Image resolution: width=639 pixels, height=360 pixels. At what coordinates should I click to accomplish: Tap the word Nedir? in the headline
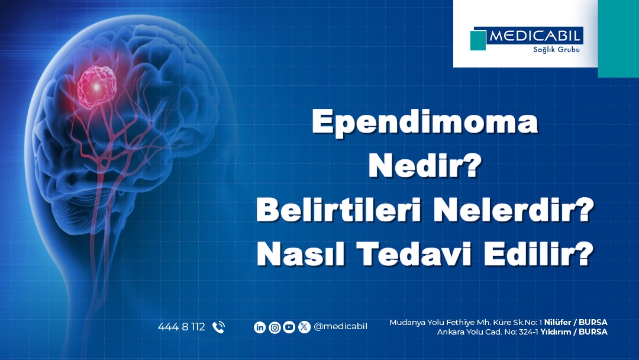tap(425, 166)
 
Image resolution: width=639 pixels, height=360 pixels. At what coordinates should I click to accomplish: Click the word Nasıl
tap(301, 254)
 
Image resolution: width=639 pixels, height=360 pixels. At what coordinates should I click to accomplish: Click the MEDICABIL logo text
tap(534, 36)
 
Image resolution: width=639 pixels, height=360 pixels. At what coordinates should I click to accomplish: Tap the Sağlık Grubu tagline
tap(556, 50)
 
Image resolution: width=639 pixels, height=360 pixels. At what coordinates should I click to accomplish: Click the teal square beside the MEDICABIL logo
tap(478, 40)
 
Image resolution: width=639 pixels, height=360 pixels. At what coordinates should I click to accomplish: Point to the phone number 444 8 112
tap(182, 327)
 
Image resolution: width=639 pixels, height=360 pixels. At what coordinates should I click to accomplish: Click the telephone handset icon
tap(218, 327)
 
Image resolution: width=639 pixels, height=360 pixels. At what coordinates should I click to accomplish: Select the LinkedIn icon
tap(260, 327)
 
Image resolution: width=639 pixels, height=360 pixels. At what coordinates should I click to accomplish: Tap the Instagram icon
tap(275, 327)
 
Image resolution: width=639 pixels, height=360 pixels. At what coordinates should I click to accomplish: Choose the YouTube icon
tap(289, 327)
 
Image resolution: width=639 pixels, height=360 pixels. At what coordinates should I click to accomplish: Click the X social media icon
tap(304, 327)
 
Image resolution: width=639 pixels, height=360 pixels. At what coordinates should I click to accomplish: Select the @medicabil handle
tap(340, 327)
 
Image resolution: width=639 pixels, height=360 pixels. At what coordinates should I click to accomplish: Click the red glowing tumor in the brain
tap(96, 86)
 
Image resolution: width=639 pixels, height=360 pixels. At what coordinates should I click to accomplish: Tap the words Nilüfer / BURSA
tap(576, 323)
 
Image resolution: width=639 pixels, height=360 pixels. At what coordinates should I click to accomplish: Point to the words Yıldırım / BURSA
tap(574, 332)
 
